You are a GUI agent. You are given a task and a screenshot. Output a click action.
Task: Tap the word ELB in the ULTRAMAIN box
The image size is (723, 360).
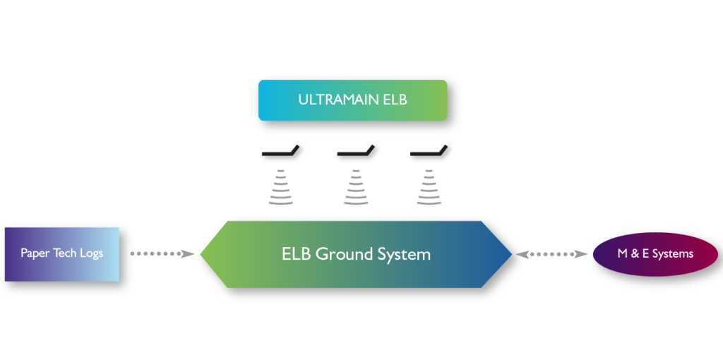(x=395, y=100)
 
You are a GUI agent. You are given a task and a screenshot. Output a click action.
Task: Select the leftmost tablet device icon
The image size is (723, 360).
(x=280, y=151)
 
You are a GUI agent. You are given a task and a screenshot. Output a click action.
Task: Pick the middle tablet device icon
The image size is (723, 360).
(x=356, y=151)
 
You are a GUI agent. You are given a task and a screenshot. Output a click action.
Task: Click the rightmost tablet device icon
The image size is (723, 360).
(x=429, y=151)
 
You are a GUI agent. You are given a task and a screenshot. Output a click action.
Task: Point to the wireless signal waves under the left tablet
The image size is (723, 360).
(x=280, y=187)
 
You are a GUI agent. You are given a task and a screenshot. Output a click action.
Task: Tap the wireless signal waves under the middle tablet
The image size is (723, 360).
(x=356, y=187)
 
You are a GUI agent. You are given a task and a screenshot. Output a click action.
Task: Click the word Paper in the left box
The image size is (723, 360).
(x=35, y=253)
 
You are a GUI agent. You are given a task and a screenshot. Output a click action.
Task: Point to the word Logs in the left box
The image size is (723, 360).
(x=91, y=253)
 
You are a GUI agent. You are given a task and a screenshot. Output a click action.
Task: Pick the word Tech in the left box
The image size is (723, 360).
(x=65, y=253)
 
